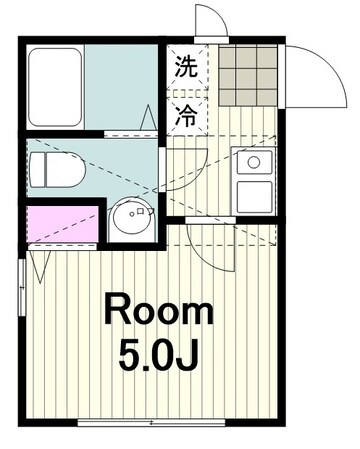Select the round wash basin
tap(130, 218)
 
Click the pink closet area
tap(62, 225)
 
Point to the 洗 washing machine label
tap(186, 70)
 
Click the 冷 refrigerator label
tap(186, 114)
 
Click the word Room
tap(159, 311)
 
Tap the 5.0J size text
tap(160, 357)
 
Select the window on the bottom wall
tap(150, 423)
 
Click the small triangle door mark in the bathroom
tap(150, 119)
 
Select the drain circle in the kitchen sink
tap(253, 161)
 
